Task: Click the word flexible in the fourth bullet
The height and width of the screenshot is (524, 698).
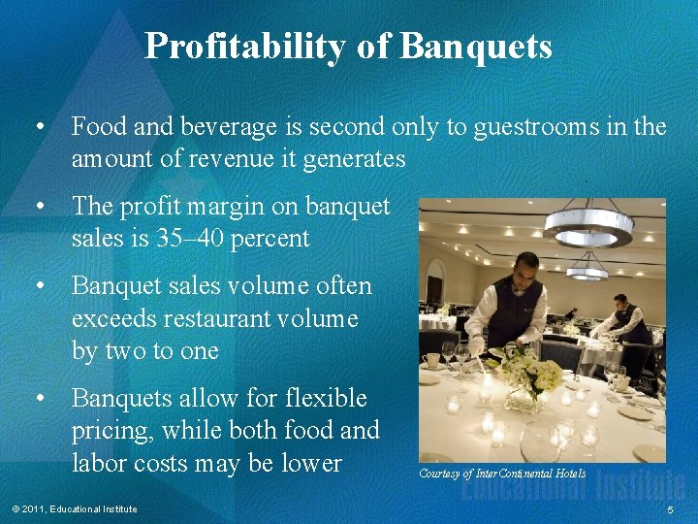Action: tap(325, 398)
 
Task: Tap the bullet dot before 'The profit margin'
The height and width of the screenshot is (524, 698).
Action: tap(40, 207)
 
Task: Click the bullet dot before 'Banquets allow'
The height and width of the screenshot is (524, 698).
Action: tap(40, 399)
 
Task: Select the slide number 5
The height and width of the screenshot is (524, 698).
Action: tap(670, 510)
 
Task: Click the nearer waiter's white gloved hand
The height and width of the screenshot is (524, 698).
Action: tap(477, 346)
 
